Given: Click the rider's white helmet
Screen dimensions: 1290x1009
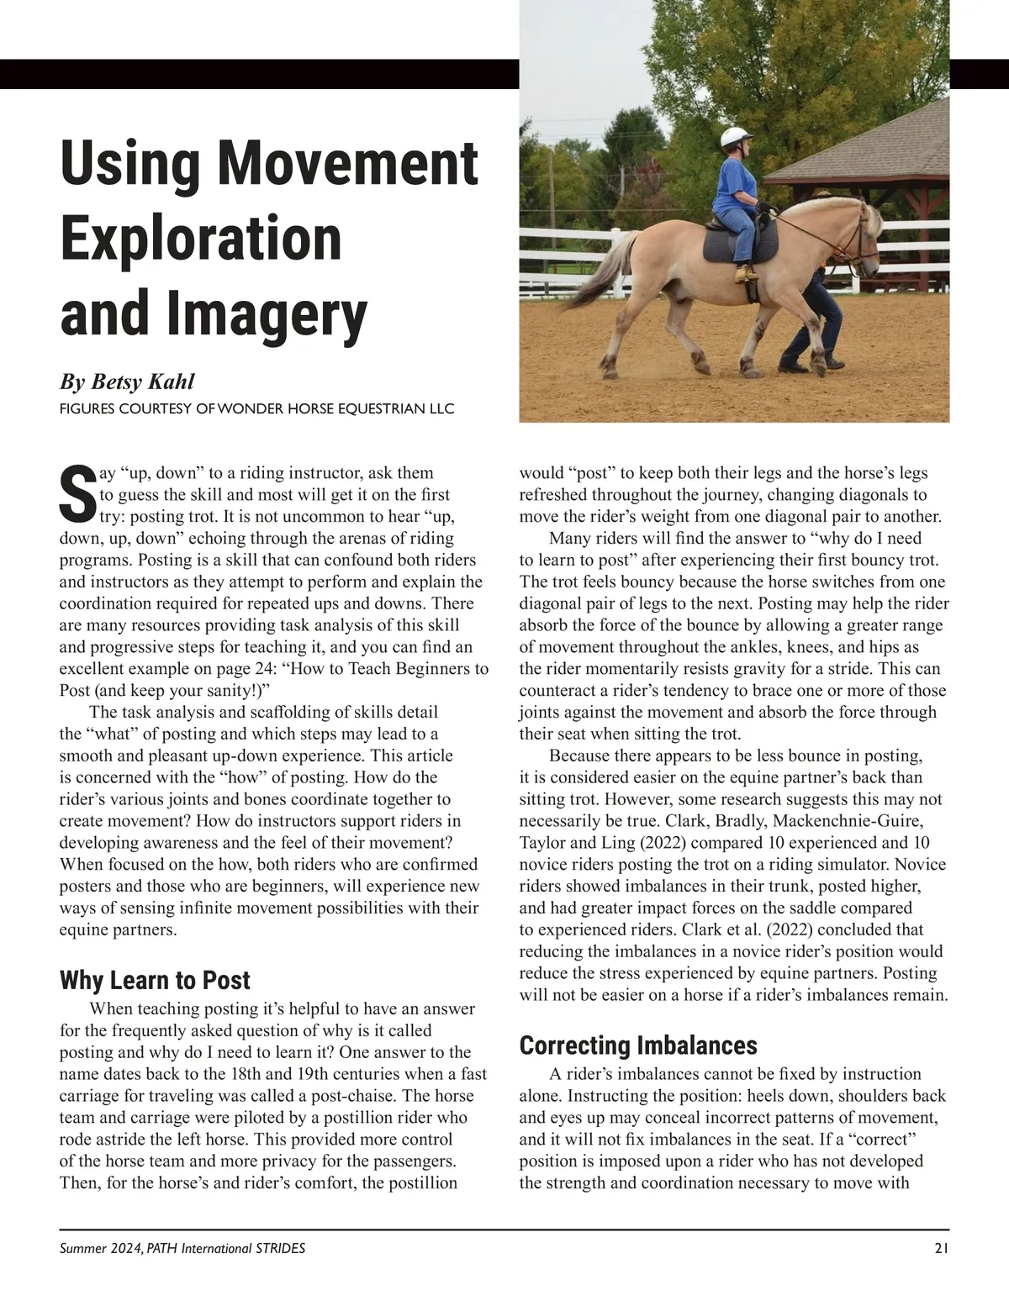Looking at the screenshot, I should point(736,137).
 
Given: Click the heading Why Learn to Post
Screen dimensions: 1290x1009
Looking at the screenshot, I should point(155,981).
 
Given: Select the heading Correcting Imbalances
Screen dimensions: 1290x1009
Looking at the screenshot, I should point(638,1045).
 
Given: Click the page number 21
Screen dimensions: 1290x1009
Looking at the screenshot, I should point(941,1249).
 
